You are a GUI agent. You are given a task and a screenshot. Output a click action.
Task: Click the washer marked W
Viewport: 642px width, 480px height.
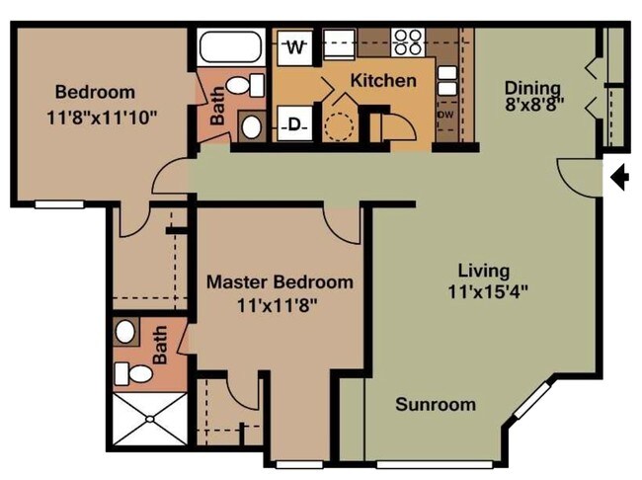click(x=295, y=47)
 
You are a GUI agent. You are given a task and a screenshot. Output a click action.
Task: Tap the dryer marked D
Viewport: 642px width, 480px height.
click(x=294, y=123)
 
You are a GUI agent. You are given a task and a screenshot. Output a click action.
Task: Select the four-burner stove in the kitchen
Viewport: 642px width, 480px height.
click(x=407, y=42)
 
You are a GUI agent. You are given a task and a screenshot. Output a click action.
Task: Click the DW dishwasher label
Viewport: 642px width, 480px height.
click(x=445, y=116)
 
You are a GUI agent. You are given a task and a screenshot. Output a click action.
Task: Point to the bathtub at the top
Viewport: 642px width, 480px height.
click(x=230, y=47)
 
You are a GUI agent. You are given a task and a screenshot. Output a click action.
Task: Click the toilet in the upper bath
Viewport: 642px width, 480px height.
click(x=246, y=85)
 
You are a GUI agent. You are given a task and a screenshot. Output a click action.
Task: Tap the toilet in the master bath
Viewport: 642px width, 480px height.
click(x=133, y=373)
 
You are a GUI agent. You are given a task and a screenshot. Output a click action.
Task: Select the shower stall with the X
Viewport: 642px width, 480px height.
click(x=150, y=419)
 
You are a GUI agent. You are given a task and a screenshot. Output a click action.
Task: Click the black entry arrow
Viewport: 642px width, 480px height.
click(x=620, y=177)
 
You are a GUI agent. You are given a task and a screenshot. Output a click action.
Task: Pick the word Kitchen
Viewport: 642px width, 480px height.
click(x=383, y=81)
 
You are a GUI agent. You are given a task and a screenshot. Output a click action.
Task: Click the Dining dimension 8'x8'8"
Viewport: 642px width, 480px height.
click(x=534, y=105)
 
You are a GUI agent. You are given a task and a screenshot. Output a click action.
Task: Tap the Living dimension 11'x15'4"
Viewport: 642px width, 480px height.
click(x=488, y=292)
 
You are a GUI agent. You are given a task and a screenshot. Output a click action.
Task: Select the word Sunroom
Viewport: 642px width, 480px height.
click(x=436, y=405)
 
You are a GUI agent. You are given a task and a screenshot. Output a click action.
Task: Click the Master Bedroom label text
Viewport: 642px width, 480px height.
click(x=280, y=282)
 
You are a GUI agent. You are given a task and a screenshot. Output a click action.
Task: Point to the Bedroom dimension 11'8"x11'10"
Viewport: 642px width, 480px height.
click(x=102, y=119)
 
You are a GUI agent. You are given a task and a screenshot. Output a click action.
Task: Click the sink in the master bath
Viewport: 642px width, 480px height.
click(x=124, y=331)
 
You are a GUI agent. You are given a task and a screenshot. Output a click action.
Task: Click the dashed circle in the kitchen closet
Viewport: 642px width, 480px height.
click(x=338, y=127)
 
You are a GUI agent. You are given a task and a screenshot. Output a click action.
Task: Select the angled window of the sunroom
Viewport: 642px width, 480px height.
click(x=533, y=401)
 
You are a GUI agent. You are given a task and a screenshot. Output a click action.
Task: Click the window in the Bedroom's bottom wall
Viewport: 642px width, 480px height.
click(x=59, y=204)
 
